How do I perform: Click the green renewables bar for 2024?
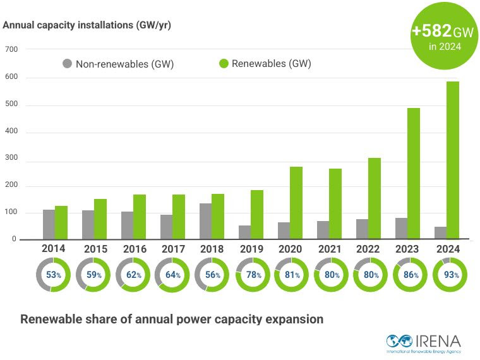click(x=453, y=160)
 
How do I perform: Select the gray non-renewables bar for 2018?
click(x=205, y=221)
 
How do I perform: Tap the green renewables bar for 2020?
click(x=296, y=203)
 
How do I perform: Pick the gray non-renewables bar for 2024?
click(x=440, y=233)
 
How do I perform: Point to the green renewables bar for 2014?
click(x=61, y=222)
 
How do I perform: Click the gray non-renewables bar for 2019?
click(x=244, y=232)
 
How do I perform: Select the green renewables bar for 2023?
click(x=414, y=174)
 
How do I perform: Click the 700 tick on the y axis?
click(x=11, y=49)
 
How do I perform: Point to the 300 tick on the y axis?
click(x=11, y=158)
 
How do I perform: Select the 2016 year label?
click(x=135, y=249)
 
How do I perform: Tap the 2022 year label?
click(x=368, y=249)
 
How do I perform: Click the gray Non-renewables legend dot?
click(x=67, y=64)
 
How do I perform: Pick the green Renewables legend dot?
click(x=224, y=64)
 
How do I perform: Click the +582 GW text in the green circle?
click(x=443, y=31)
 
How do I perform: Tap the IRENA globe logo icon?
click(x=399, y=340)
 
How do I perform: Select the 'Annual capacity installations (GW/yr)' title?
click(x=87, y=25)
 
